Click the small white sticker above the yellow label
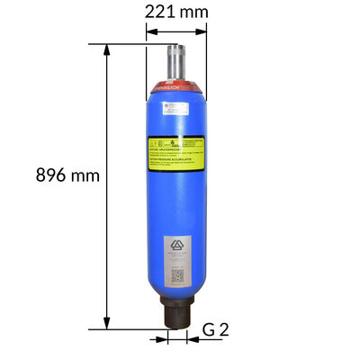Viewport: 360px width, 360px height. point(175,110)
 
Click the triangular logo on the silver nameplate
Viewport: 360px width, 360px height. point(177,248)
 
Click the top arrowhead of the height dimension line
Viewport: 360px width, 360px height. point(108,49)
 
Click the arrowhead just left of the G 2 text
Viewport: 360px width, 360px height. point(192,339)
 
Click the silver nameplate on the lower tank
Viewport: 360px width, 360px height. point(177,261)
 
